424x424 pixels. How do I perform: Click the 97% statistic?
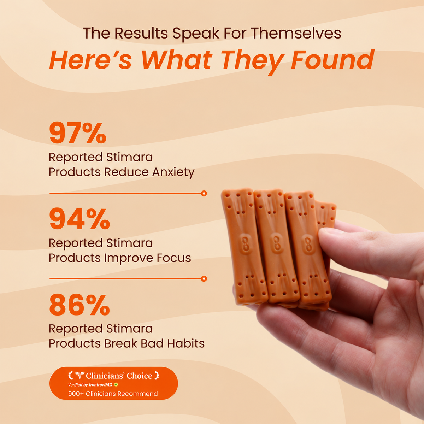pos(78,133)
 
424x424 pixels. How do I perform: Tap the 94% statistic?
pos(79,219)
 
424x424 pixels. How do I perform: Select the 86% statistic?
pos(79,305)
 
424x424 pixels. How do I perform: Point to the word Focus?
pos(174,258)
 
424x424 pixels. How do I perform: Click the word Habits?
pos(186,343)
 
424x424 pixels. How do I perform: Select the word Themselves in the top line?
pos(296,34)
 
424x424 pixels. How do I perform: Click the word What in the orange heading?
pos(177,60)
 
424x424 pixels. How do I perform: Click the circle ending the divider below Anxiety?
pos(204,193)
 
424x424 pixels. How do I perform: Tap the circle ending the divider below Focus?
pos(204,279)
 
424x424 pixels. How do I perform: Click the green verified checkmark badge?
pos(116,385)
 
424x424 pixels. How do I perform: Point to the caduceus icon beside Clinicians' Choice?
pos(79,376)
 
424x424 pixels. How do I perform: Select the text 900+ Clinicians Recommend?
pos(113,394)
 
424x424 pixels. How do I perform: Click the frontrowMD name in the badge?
pos(101,385)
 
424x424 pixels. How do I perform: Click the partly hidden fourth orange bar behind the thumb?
pos(325,214)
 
